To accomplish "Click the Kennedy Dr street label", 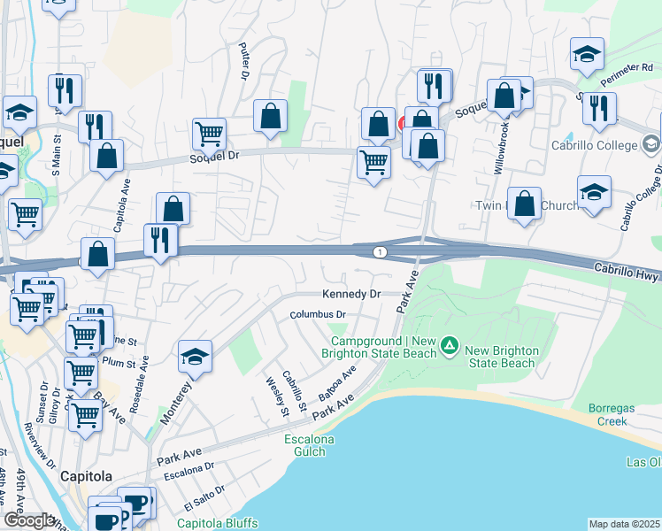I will [x=350, y=293].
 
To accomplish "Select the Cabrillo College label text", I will [x=594, y=146].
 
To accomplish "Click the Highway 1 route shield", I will [x=380, y=253].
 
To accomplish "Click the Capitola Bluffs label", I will [x=215, y=523].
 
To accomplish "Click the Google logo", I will [x=29, y=520].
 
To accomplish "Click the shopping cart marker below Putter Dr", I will [x=209, y=135].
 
